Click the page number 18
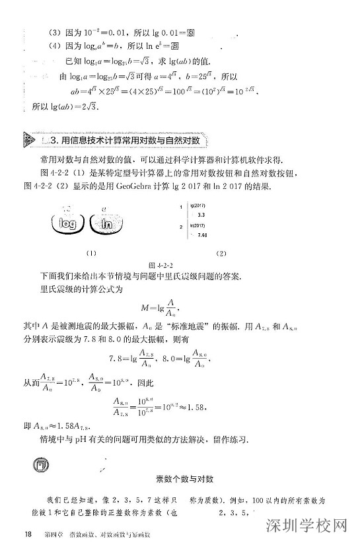coord(27,534)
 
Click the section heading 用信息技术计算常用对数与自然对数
coord(126,141)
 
